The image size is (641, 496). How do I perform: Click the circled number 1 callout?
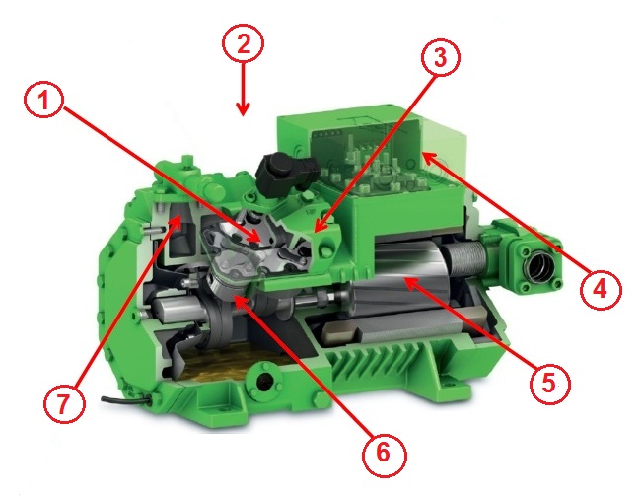tap(43, 101)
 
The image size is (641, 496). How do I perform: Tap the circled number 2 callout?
tap(243, 43)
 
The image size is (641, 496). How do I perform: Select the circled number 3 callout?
tap(440, 58)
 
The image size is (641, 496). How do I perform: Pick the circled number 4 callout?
tap(601, 290)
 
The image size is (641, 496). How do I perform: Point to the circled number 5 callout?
tap(549, 384)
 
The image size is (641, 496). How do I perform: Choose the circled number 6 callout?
tap(384, 454)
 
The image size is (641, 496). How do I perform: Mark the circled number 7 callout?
tap(64, 404)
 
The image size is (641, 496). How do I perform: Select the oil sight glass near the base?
tap(263, 381)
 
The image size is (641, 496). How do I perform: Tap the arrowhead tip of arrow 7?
tap(180, 216)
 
